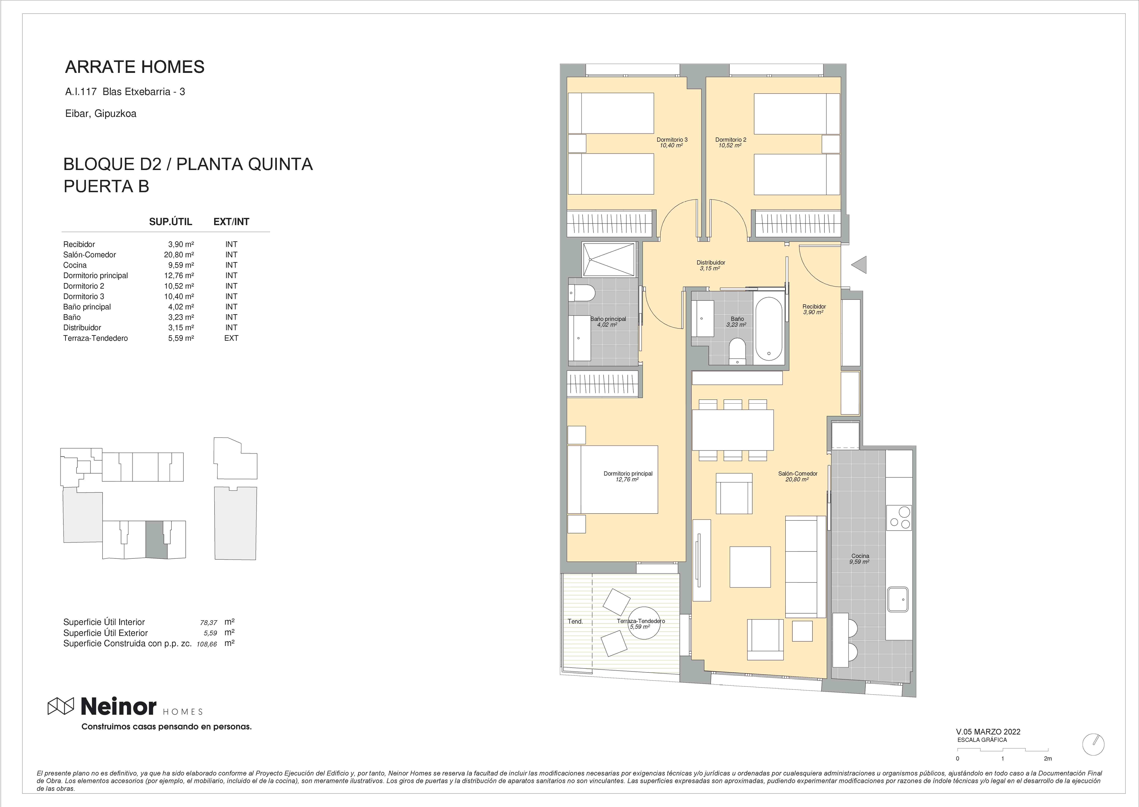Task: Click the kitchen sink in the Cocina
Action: pos(898,600)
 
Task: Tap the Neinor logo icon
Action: pos(61,706)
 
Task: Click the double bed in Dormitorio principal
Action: pos(612,479)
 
